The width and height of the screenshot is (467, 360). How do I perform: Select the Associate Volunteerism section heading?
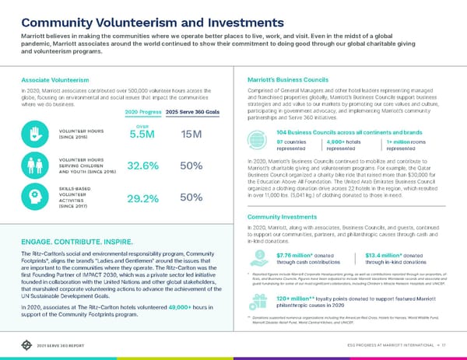tap(51, 79)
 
